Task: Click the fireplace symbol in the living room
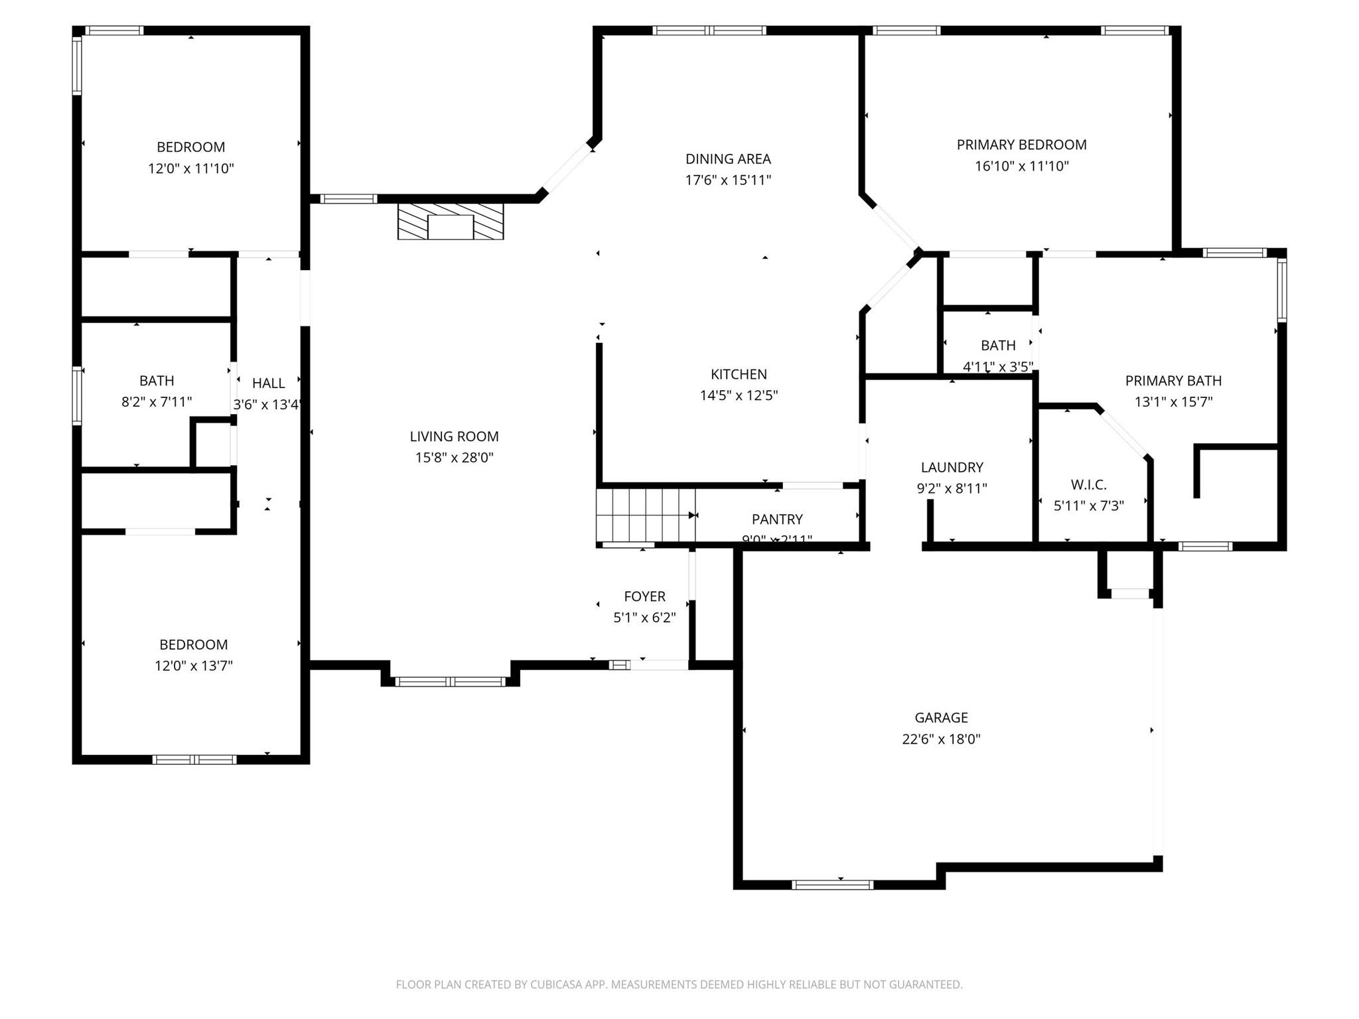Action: click(451, 222)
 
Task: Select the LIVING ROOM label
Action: click(454, 437)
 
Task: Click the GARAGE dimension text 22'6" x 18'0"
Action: click(941, 739)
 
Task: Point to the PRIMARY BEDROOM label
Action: click(1021, 145)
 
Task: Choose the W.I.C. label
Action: click(1088, 485)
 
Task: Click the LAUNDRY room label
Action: click(952, 467)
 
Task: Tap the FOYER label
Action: click(644, 596)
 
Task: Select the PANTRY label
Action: click(777, 519)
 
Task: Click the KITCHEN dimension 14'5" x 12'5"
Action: click(739, 396)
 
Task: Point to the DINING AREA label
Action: click(728, 159)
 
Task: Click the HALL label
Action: click(269, 383)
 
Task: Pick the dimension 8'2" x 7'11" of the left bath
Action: click(157, 402)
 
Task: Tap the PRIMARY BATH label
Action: click(1173, 381)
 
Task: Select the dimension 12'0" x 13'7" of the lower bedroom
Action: click(194, 666)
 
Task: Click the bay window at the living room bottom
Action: click(450, 681)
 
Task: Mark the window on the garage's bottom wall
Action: click(832, 884)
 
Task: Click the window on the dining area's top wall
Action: click(709, 31)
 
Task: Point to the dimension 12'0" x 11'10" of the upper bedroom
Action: click(191, 169)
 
